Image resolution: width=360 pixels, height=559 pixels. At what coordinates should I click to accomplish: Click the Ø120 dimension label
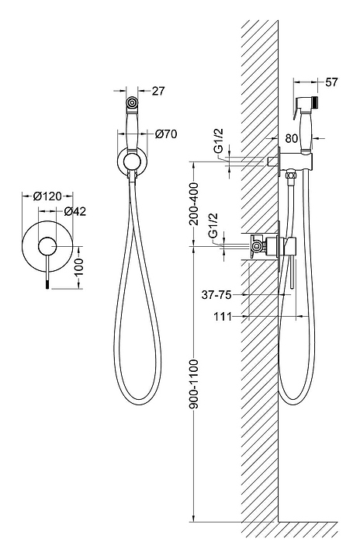pyautogui.click(x=47, y=196)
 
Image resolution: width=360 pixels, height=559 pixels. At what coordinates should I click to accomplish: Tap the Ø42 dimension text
pyautogui.click(x=74, y=211)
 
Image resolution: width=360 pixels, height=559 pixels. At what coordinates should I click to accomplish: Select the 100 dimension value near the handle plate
pyautogui.click(x=78, y=267)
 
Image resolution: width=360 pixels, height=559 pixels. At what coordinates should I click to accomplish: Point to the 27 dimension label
pyautogui.click(x=158, y=91)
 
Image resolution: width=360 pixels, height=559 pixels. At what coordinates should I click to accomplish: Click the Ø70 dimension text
pyautogui.click(x=166, y=134)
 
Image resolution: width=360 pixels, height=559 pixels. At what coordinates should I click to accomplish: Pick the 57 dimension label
pyautogui.click(x=331, y=82)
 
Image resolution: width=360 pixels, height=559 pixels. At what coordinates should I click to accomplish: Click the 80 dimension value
pyautogui.click(x=291, y=138)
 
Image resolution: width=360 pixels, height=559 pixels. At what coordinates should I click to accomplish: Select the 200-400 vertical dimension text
pyautogui.click(x=194, y=204)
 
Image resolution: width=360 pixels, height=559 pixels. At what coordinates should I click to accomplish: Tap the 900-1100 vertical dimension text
pyautogui.click(x=194, y=385)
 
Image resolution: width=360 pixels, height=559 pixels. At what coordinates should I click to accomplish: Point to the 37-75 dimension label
pyautogui.click(x=216, y=295)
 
